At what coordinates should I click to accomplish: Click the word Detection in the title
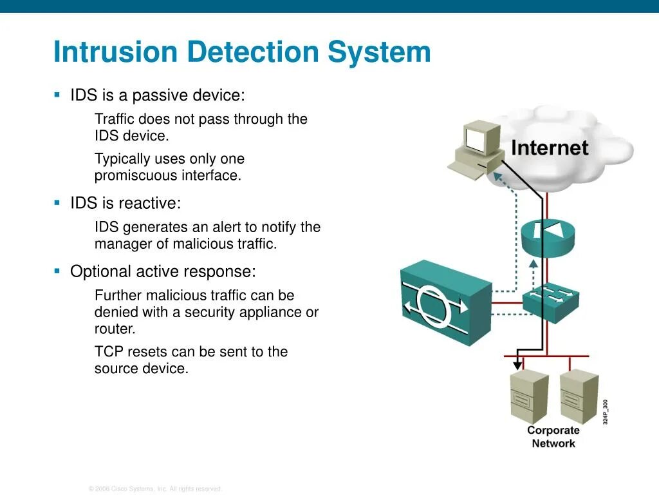pyautogui.click(x=254, y=52)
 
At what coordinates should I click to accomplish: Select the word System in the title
pyautogui.click(x=380, y=52)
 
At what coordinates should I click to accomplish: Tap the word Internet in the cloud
pyautogui.click(x=549, y=148)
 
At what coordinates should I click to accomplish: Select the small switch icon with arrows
pyautogui.click(x=550, y=299)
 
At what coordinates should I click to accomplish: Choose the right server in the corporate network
pyautogui.click(x=579, y=396)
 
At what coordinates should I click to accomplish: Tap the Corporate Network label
pyautogui.click(x=553, y=436)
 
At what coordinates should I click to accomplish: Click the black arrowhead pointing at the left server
pyautogui.click(x=517, y=365)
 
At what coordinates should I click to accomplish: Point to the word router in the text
pyautogui.click(x=115, y=329)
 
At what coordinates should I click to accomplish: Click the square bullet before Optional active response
pyautogui.click(x=57, y=271)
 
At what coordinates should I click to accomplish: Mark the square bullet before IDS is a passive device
pyautogui.click(x=57, y=95)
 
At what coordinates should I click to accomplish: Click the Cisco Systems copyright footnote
pyautogui.click(x=155, y=489)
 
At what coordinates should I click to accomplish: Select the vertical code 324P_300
pyautogui.click(x=606, y=412)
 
